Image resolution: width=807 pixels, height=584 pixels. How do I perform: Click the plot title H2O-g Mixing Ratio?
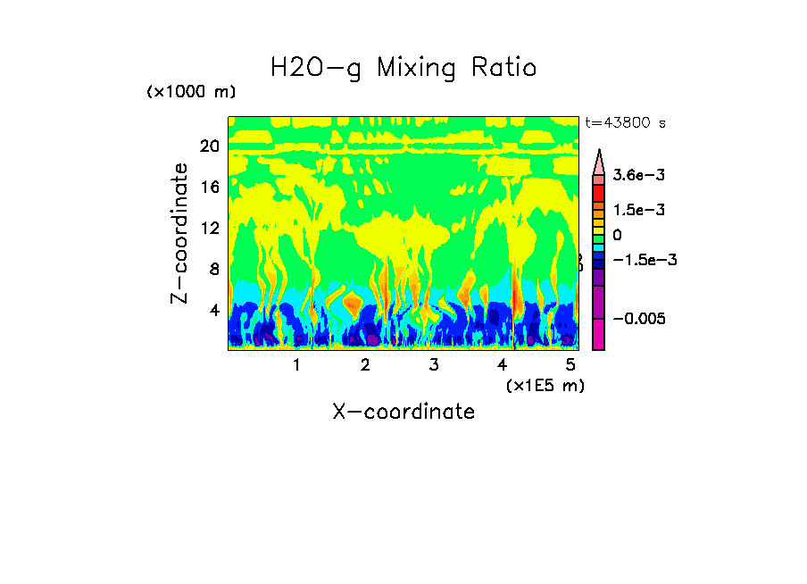403,68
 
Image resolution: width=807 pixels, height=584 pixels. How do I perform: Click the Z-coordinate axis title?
181,233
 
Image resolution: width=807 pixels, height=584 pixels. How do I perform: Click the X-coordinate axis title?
403,412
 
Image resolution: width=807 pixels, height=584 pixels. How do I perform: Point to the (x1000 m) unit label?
191,93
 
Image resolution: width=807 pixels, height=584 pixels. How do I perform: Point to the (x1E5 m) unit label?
545,386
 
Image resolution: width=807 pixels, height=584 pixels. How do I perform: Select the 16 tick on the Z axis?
209,187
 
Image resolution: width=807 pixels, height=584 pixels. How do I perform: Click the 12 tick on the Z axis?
209,228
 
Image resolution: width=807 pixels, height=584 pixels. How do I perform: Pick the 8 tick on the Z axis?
213,269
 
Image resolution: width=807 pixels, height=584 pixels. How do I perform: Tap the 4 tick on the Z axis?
213,310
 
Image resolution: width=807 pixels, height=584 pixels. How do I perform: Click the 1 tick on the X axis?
296,365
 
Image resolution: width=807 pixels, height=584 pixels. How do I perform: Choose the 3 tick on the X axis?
434,365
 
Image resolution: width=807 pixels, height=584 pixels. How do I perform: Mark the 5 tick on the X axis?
571,365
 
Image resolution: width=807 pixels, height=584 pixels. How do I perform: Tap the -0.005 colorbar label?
639,319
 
